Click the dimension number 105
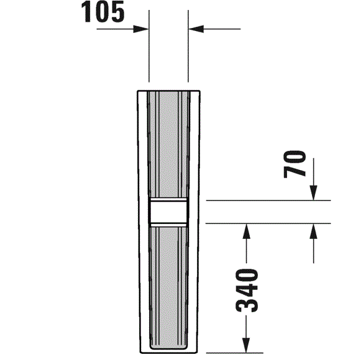click(x=103, y=12)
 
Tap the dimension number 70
click(x=295, y=164)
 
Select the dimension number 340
click(x=247, y=290)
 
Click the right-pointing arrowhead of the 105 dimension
click(x=140, y=29)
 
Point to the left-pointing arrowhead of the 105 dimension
click(x=196, y=29)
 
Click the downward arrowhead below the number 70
click(x=313, y=193)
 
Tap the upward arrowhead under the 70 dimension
click(x=313, y=231)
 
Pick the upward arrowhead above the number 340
click(x=246, y=231)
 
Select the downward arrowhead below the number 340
click(x=246, y=345)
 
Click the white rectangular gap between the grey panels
click(x=168, y=212)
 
